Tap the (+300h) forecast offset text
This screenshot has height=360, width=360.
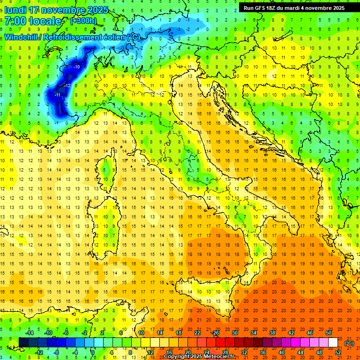(83, 21)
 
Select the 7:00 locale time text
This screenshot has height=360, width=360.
(33, 21)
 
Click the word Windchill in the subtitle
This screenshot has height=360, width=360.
(22, 37)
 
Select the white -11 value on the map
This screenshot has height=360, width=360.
(58, 95)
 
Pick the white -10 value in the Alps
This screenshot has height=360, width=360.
(76, 67)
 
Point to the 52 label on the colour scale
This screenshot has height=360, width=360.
(337, 352)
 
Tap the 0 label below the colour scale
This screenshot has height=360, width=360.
(93, 352)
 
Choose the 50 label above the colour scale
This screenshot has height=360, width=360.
(329, 332)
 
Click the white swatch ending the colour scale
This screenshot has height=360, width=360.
(333, 342)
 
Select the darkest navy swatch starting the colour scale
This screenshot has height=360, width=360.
(23, 342)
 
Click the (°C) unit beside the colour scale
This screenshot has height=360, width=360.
(349, 343)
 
